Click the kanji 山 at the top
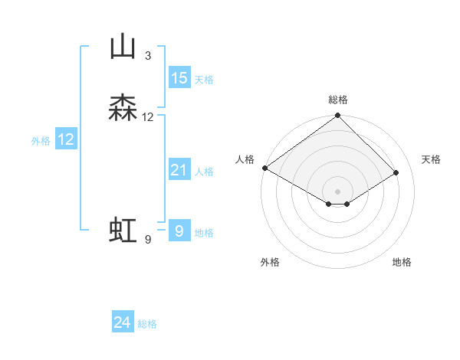(x=123, y=47)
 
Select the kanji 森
(x=123, y=108)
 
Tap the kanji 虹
(x=123, y=231)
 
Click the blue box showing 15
(x=179, y=78)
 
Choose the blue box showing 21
(x=179, y=170)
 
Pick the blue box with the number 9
(x=179, y=231)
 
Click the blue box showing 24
(x=123, y=323)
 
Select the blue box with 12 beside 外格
(x=66, y=139)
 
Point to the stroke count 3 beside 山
(x=147, y=56)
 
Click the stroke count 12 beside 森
(x=147, y=117)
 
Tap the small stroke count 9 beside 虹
(x=147, y=240)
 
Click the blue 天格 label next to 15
(x=204, y=79)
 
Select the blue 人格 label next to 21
(x=204, y=171)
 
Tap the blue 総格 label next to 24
(x=147, y=324)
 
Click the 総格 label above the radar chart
(x=338, y=100)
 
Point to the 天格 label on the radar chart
(x=431, y=159)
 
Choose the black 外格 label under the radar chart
(x=270, y=262)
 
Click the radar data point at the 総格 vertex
(x=338, y=116)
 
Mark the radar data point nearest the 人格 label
(x=264, y=168)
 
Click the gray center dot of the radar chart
(x=338, y=191)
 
